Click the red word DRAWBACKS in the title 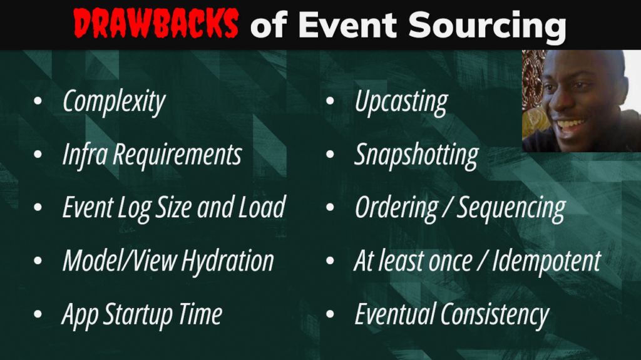coord(156,25)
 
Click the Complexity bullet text coord(114,102)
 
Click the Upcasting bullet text coord(401,102)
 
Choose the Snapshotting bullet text coord(416,155)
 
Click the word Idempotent coord(546,260)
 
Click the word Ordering coord(396,208)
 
